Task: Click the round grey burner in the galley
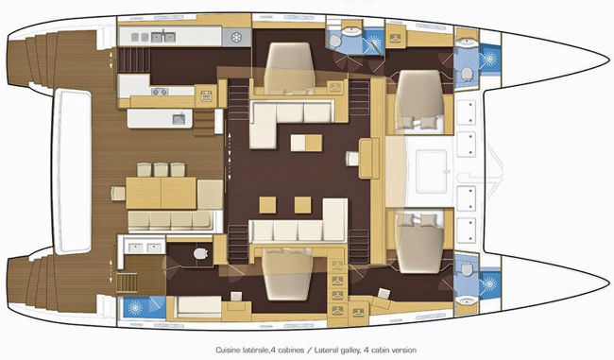(x=236, y=37)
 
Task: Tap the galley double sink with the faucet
(x=162, y=37)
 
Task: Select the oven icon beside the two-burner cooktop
(x=206, y=96)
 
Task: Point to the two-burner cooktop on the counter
(x=160, y=92)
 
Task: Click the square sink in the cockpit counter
(x=179, y=119)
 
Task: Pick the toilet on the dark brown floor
(x=201, y=253)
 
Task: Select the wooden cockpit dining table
(x=161, y=193)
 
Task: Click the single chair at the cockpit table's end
(x=117, y=193)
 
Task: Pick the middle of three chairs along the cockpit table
(x=161, y=170)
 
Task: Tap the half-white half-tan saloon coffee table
(x=307, y=143)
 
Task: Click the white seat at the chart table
(x=352, y=158)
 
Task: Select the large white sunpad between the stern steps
(x=72, y=170)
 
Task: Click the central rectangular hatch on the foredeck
(x=431, y=171)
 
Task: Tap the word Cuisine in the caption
(x=227, y=350)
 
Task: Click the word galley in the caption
(x=350, y=351)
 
